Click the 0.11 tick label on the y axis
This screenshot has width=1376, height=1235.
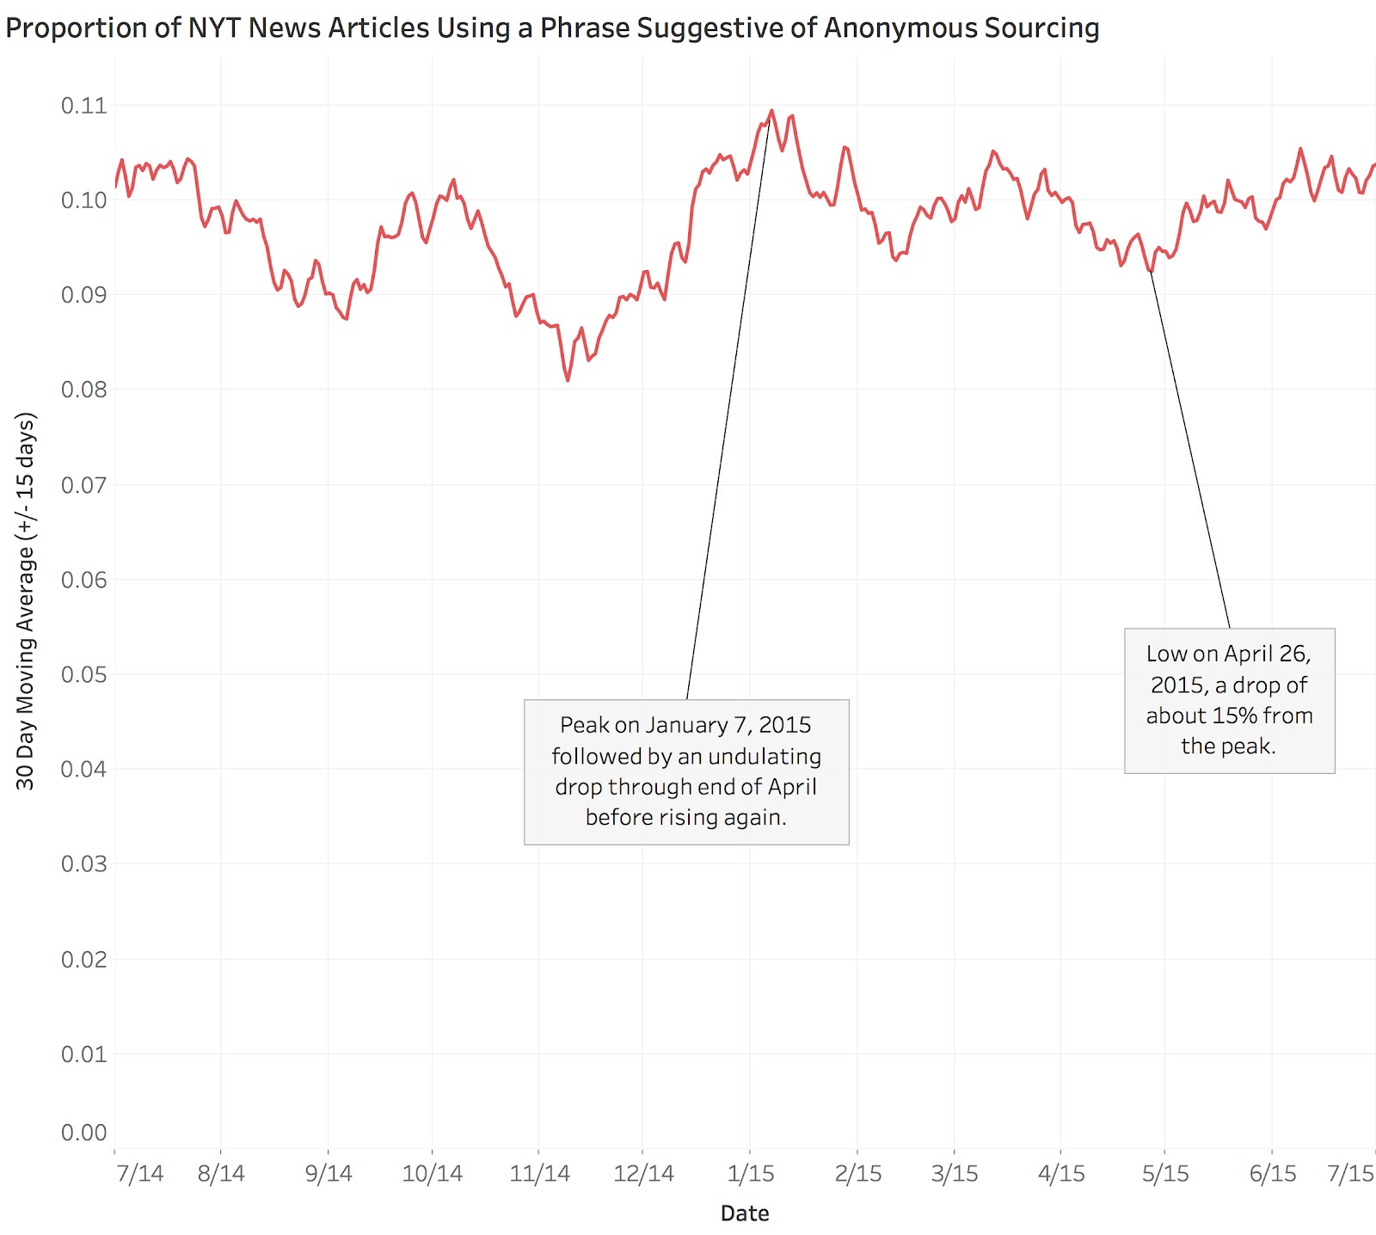pos(84,106)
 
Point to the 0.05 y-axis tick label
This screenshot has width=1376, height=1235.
pos(84,674)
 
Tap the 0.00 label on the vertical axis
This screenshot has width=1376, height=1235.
pos(84,1133)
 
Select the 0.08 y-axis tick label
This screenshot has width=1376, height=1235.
pos(84,390)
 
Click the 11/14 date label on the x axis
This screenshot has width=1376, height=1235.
pos(540,1174)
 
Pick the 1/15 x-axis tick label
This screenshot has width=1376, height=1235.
pos(751,1174)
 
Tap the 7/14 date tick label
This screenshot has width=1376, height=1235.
pos(139,1174)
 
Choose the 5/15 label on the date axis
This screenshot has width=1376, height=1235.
pos(1165,1174)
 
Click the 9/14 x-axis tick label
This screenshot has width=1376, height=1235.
pos(329,1174)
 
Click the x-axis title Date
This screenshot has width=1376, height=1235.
pos(745,1213)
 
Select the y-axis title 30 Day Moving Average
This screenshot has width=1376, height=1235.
pos(26,601)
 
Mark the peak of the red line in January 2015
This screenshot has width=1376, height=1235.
pos(771,111)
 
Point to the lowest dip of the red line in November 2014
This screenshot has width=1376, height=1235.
pos(568,380)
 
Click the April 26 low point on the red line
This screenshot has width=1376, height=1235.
pos(1150,271)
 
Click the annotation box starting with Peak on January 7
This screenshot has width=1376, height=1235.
pos(686,771)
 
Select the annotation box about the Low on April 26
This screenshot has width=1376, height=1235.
pos(1229,700)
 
